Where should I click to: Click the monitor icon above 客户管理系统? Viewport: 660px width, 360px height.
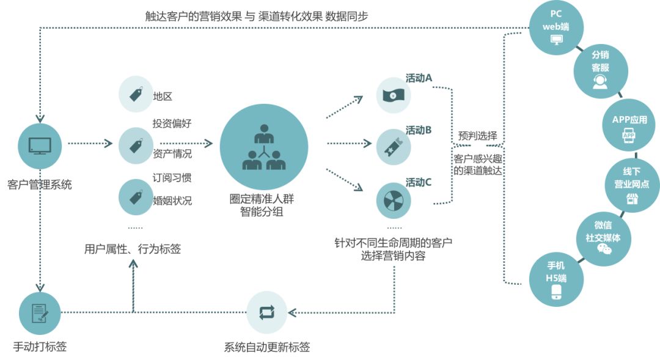pos(40,145)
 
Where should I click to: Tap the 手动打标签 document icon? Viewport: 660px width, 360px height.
pos(40,313)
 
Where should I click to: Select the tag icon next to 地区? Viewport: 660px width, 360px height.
pos(136,94)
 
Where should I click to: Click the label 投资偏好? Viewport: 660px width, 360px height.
pos(172,123)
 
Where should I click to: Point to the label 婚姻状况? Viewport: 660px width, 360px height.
pos(172,200)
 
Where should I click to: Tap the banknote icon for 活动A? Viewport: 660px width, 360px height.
pos(394,95)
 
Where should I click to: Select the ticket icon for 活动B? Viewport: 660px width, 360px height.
pos(394,147)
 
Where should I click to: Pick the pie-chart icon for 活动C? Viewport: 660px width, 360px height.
pos(394,200)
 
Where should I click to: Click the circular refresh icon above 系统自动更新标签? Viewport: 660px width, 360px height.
pos(267,312)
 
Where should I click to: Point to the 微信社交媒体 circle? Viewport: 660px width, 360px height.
pos(603,238)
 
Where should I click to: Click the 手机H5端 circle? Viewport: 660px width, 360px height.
pos(556,280)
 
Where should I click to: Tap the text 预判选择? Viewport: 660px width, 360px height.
pos(477,136)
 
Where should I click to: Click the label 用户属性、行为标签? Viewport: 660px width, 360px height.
pos(133,249)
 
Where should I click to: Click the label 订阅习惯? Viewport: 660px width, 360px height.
pos(172,178)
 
